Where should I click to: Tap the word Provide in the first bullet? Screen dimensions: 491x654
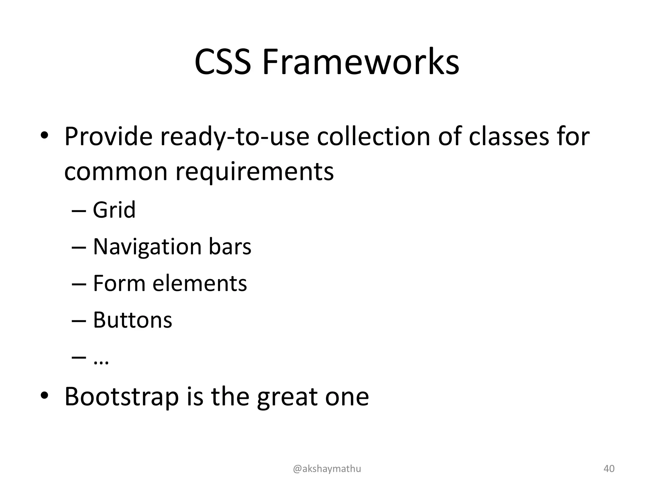108,137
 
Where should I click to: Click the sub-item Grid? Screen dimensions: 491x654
114,210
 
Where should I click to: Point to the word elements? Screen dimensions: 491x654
200,284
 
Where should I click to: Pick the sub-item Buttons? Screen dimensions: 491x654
133,320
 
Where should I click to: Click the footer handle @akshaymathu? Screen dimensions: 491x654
327,469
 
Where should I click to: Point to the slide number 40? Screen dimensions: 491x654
609,469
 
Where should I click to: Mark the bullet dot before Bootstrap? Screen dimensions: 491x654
44,396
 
